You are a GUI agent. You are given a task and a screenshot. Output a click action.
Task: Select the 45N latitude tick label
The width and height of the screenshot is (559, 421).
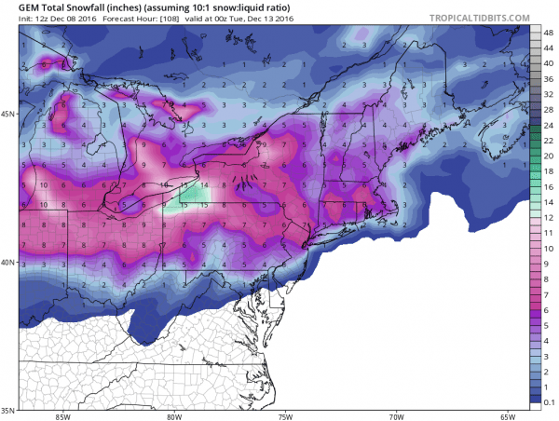point(8,114)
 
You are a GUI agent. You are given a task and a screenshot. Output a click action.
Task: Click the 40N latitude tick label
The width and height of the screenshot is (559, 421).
point(8,262)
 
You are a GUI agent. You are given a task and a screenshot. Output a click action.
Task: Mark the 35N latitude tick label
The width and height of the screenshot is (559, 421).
point(8,410)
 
